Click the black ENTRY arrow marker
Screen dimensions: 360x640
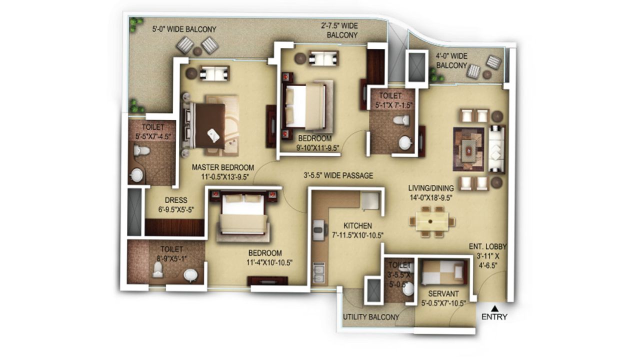pyautogui.click(x=494, y=308)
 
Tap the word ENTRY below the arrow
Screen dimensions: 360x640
pyautogui.click(x=494, y=316)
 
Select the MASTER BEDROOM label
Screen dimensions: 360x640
pyautogui.click(x=223, y=167)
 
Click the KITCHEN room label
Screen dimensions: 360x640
pyautogui.click(x=357, y=225)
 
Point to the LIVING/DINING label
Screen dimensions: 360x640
pyautogui.click(x=431, y=188)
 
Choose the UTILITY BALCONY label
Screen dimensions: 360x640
pyautogui.click(x=371, y=317)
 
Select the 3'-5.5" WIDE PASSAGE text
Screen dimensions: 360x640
pyautogui.click(x=338, y=175)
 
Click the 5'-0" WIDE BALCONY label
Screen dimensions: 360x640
pyautogui.click(x=184, y=29)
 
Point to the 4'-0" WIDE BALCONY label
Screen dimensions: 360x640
pyautogui.click(x=451, y=60)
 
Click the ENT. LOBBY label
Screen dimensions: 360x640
pyautogui.click(x=488, y=246)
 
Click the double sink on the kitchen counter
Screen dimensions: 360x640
pyautogui.click(x=317, y=272)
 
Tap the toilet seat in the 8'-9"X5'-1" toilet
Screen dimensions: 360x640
pyautogui.click(x=158, y=270)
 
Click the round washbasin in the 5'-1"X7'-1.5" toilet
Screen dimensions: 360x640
pyautogui.click(x=404, y=142)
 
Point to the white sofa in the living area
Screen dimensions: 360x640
pyautogui.click(x=496, y=148)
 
